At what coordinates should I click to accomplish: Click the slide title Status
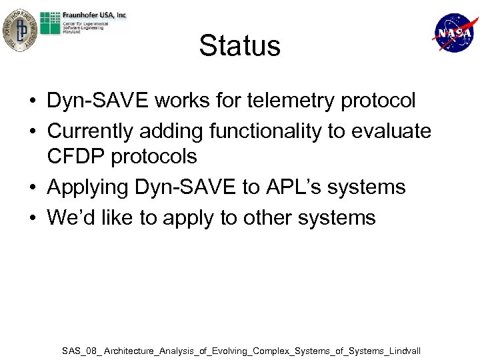click(239, 46)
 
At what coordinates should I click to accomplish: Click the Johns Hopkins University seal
click(19, 30)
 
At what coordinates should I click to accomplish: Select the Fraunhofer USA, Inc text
click(95, 15)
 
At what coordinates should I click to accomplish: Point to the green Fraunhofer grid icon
click(50, 23)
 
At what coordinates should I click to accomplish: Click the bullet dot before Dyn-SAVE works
click(32, 102)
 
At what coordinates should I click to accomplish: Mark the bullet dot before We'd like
click(32, 219)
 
